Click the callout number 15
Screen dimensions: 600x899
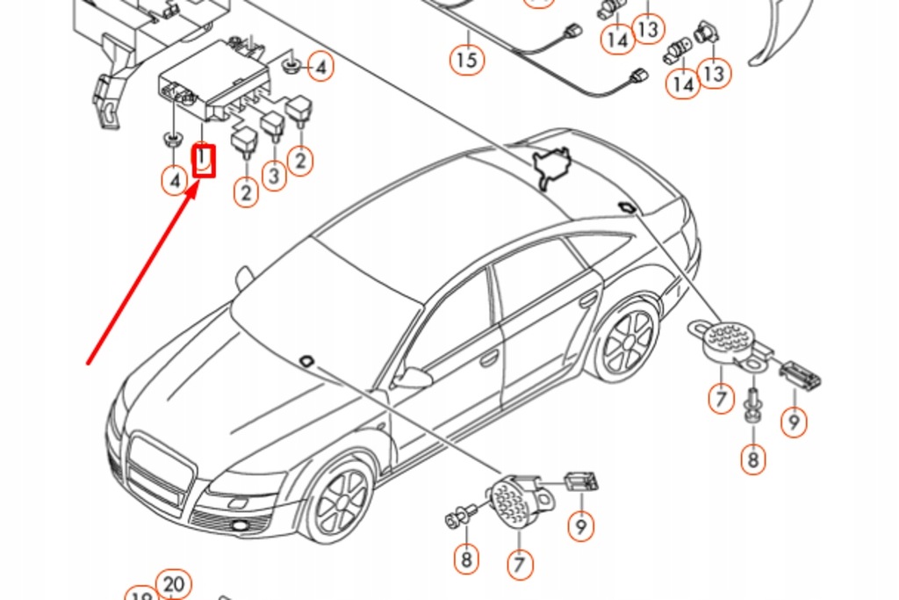pos(467,60)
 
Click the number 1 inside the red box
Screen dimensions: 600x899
pos(204,161)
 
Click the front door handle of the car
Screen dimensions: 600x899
pos(488,358)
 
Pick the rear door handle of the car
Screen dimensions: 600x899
pos(587,300)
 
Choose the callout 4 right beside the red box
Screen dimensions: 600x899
pos(175,181)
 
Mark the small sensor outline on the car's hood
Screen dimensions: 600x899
pos(307,359)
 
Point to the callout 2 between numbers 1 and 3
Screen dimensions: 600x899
pos(246,192)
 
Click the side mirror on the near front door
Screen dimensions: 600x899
pos(412,379)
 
